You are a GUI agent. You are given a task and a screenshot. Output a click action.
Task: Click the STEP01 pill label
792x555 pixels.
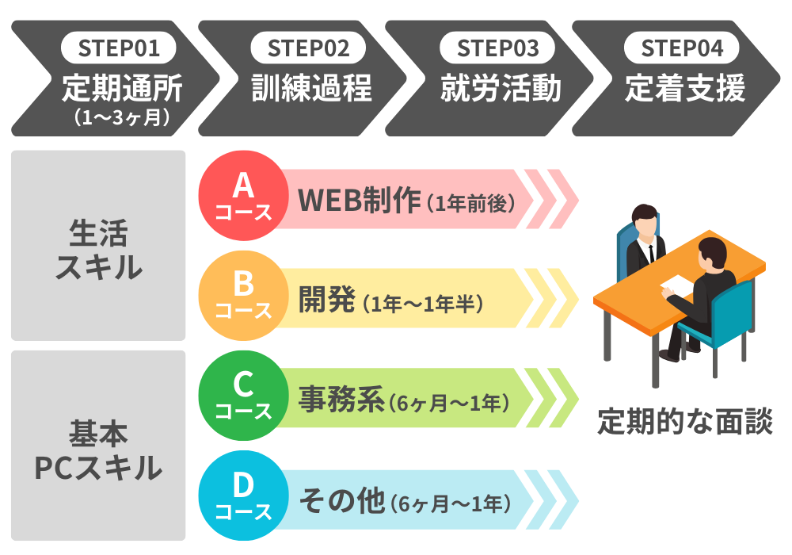[119, 48]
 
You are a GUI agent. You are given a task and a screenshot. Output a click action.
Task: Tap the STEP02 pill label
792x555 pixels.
[308, 48]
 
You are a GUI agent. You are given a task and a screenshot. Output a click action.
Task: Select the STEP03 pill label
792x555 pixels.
[497, 48]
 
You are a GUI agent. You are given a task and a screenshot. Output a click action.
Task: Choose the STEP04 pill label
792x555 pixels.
[682, 48]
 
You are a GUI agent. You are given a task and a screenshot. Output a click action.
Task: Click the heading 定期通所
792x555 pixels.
[122, 88]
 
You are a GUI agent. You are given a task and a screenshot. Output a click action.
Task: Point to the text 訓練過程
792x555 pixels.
[311, 88]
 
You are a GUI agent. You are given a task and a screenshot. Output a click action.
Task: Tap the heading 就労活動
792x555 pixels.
[501, 88]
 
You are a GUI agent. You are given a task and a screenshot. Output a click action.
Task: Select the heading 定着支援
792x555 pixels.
[685, 88]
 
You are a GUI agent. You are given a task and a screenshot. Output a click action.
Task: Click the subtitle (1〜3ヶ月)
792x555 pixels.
[122, 117]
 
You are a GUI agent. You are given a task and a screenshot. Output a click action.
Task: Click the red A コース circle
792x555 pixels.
[243, 196]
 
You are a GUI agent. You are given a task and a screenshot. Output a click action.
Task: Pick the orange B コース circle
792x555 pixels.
[243, 296]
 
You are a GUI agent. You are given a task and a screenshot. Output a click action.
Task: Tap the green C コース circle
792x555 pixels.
[243, 396]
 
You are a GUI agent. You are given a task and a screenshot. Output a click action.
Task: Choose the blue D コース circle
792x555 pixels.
[243, 496]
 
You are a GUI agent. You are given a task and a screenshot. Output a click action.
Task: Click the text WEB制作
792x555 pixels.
[359, 200]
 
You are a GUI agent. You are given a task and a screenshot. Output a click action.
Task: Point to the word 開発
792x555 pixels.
[327, 300]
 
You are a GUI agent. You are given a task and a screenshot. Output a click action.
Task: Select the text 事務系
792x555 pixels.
[341, 400]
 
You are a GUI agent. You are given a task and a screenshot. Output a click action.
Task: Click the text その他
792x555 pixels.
[342, 501]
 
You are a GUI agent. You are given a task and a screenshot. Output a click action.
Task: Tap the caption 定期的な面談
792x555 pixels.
[685, 422]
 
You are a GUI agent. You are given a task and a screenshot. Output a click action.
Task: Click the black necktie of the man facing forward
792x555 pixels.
[651, 253]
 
